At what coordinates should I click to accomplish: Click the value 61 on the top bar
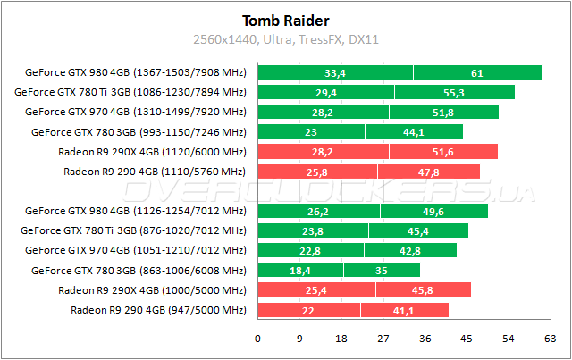(477, 72)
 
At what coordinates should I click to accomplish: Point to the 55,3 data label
(454, 92)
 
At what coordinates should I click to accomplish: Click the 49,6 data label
(433, 212)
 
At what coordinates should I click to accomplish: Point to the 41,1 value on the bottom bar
(404, 310)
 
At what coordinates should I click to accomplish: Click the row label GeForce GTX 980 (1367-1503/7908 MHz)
(135, 72)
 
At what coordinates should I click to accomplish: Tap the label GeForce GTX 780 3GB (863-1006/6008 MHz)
(138, 271)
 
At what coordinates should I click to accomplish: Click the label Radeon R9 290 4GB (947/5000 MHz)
(157, 310)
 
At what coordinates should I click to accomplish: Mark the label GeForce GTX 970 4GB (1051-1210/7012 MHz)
(135, 251)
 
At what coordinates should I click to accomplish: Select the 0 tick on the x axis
(258, 339)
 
